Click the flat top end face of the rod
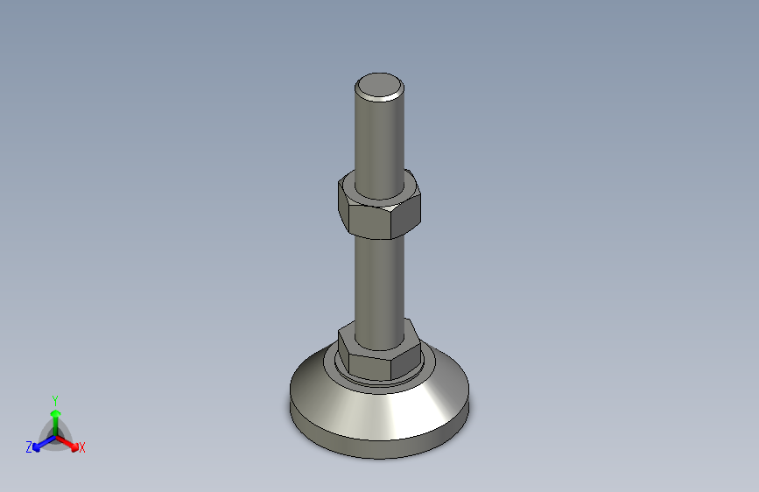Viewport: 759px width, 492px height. [x=380, y=85]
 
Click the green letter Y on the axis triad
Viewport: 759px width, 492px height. [x=55, y=399]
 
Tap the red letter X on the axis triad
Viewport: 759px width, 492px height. [x=82, y=448]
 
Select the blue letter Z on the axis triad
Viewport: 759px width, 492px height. [x=29, y=447]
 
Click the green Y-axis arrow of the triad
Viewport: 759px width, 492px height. [x=55, y=417]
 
